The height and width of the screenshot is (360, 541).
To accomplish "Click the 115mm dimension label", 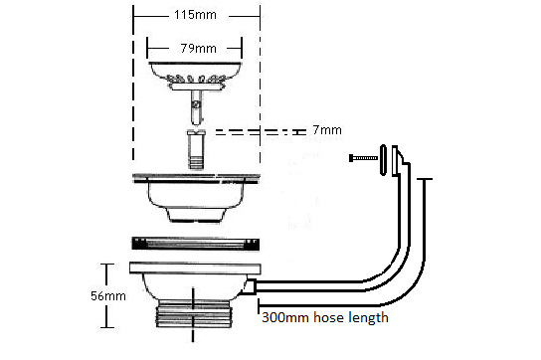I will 196,18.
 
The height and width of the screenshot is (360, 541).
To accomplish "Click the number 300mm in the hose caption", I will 283,319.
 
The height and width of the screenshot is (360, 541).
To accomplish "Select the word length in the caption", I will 366,319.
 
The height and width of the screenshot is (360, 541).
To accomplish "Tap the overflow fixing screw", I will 364,157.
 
